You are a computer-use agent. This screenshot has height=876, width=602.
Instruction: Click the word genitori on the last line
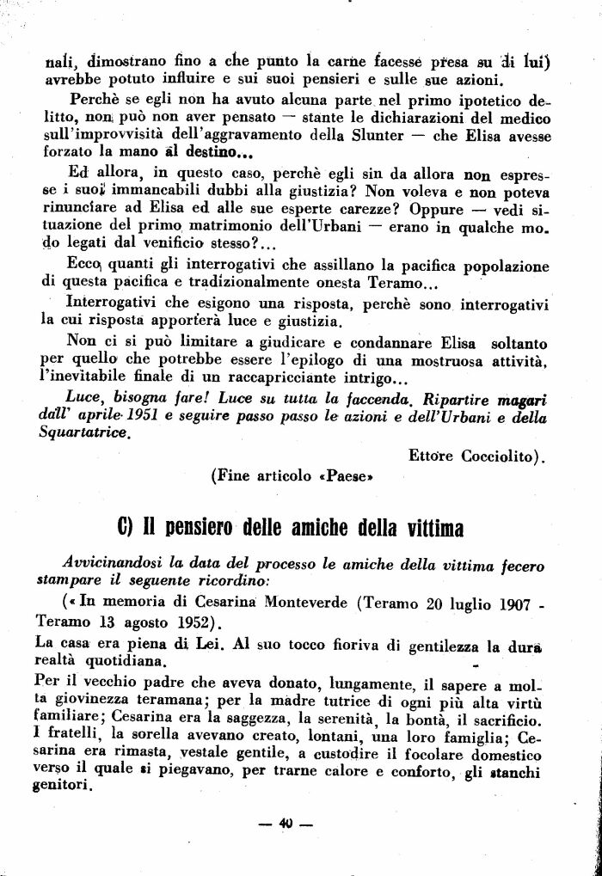tap(63, 786)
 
